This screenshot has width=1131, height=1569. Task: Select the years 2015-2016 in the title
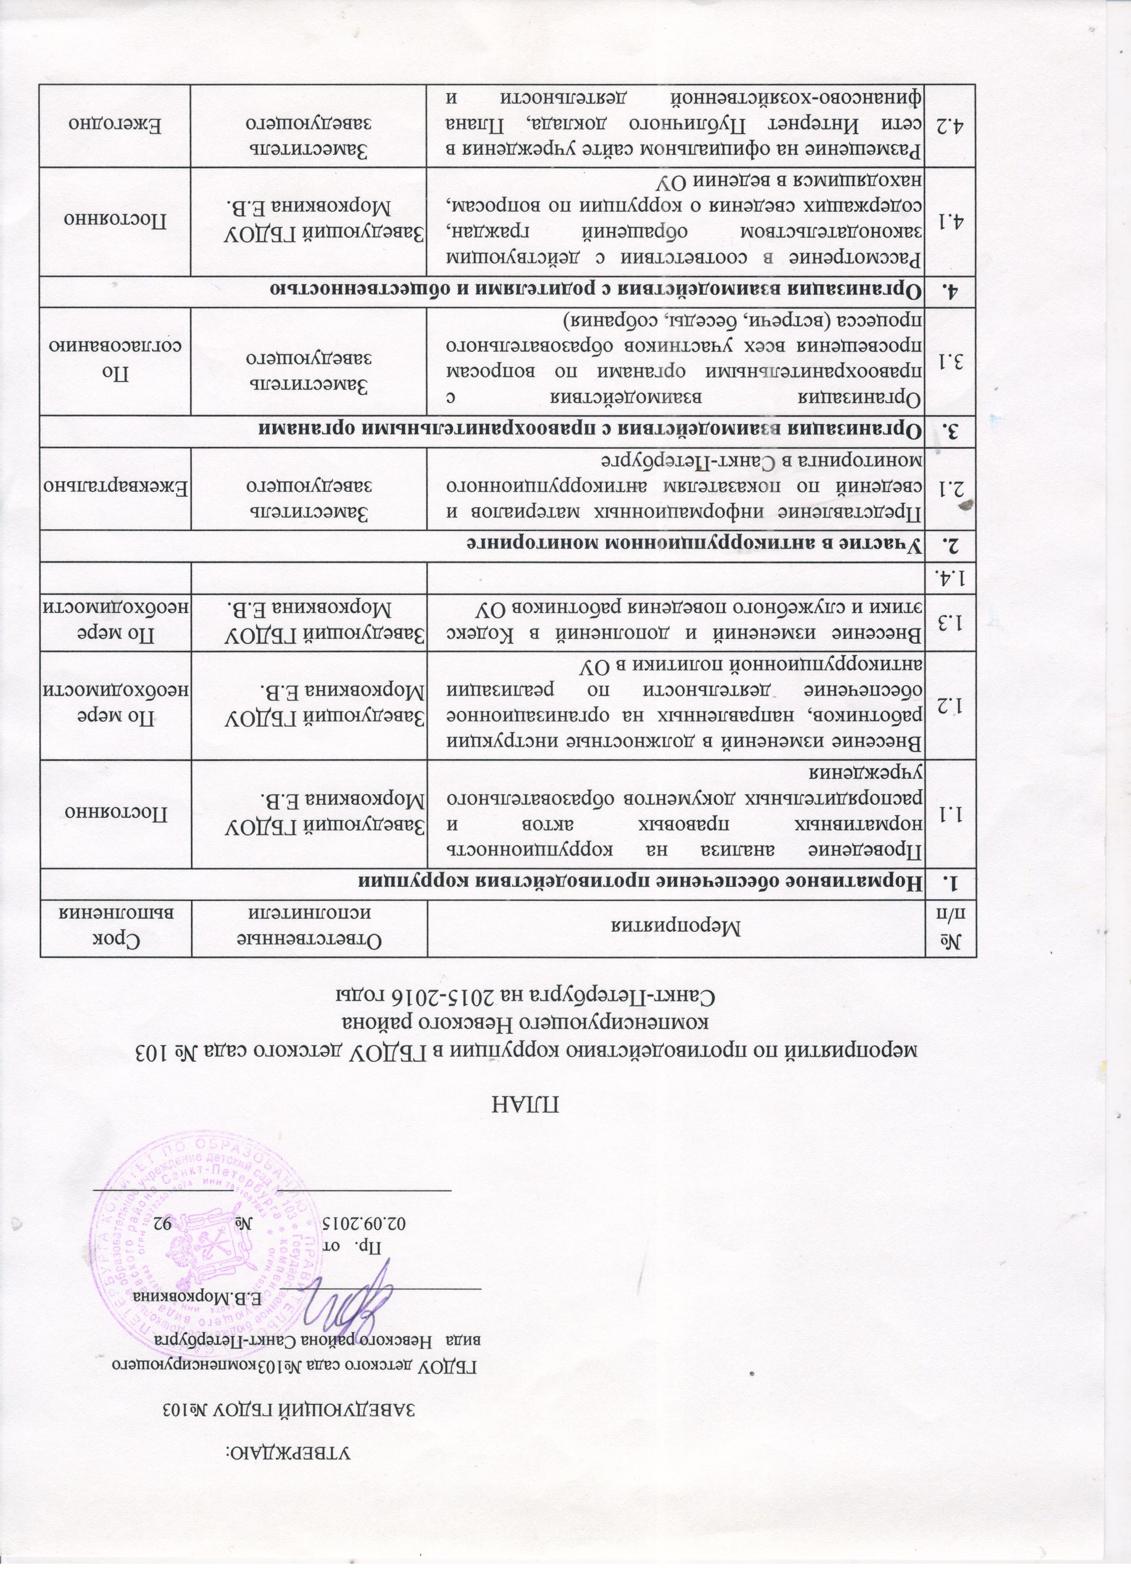coord(436,1017)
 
